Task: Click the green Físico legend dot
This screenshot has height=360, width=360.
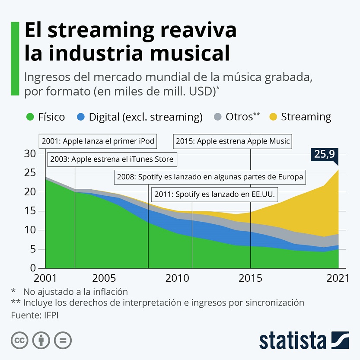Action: (x=30, y=117)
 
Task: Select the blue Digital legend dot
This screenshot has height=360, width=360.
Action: (x=80, y=117)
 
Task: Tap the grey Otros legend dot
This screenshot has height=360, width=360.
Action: (x=218, y=117)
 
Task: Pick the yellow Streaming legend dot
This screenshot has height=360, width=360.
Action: (x=273, y=117)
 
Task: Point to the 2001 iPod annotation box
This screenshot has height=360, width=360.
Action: (x=98, y=141)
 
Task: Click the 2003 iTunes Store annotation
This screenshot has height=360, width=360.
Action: (x=112, y=159)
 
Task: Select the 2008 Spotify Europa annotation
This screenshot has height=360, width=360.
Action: (x=209, y=177)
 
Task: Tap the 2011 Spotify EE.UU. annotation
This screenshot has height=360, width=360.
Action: (x=215, y=194)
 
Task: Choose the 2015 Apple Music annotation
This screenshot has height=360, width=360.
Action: (x=233, y=141)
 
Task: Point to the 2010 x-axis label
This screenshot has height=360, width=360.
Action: (x=177, y=278)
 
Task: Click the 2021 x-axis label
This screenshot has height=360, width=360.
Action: (x=337, y=278)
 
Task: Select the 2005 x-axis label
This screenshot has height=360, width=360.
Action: (x=104, y=278)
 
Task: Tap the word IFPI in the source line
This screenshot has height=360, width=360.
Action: (x=51, y=315)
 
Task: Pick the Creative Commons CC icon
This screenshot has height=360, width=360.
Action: (x=19, y=340)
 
